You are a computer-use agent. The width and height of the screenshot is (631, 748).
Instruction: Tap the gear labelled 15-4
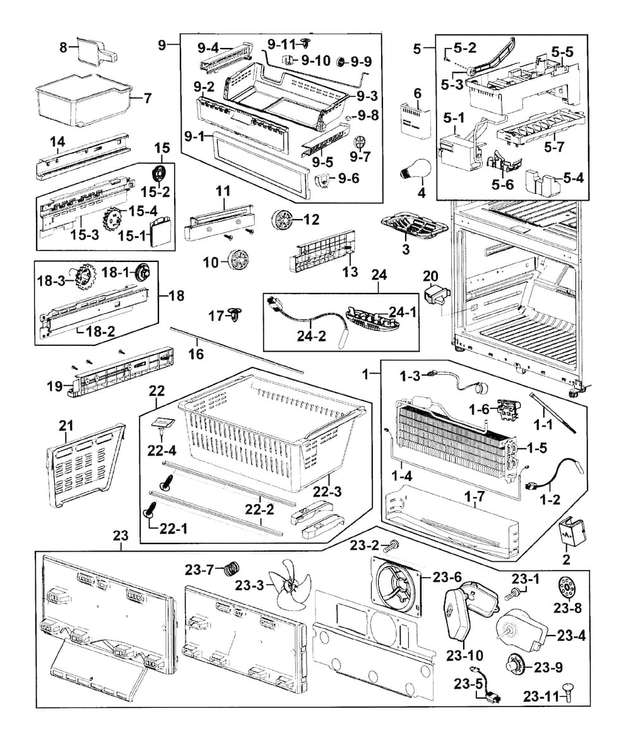(114, 219)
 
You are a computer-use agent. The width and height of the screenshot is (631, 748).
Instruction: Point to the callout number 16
(196, 354)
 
